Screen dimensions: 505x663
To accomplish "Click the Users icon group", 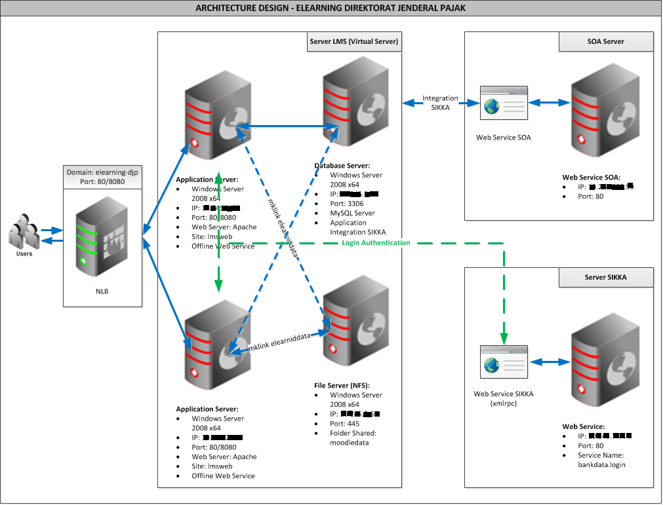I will point(24,235).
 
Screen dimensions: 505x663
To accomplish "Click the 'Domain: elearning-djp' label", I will point(102,172).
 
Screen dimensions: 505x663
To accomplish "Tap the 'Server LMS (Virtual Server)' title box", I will point(354,42).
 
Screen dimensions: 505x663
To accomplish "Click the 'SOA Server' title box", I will point(605,42).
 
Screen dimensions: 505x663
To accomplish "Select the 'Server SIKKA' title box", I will point(605,277).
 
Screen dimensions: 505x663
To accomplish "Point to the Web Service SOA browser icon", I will point(504,103).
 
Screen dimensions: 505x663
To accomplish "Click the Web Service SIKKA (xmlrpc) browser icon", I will point(504,362).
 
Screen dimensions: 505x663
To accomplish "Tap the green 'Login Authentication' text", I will point(376,243).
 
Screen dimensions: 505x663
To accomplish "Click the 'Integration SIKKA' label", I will point(440,103).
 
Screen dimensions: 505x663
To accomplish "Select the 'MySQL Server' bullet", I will point(352,213).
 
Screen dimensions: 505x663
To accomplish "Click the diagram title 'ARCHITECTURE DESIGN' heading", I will point(331,9).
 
